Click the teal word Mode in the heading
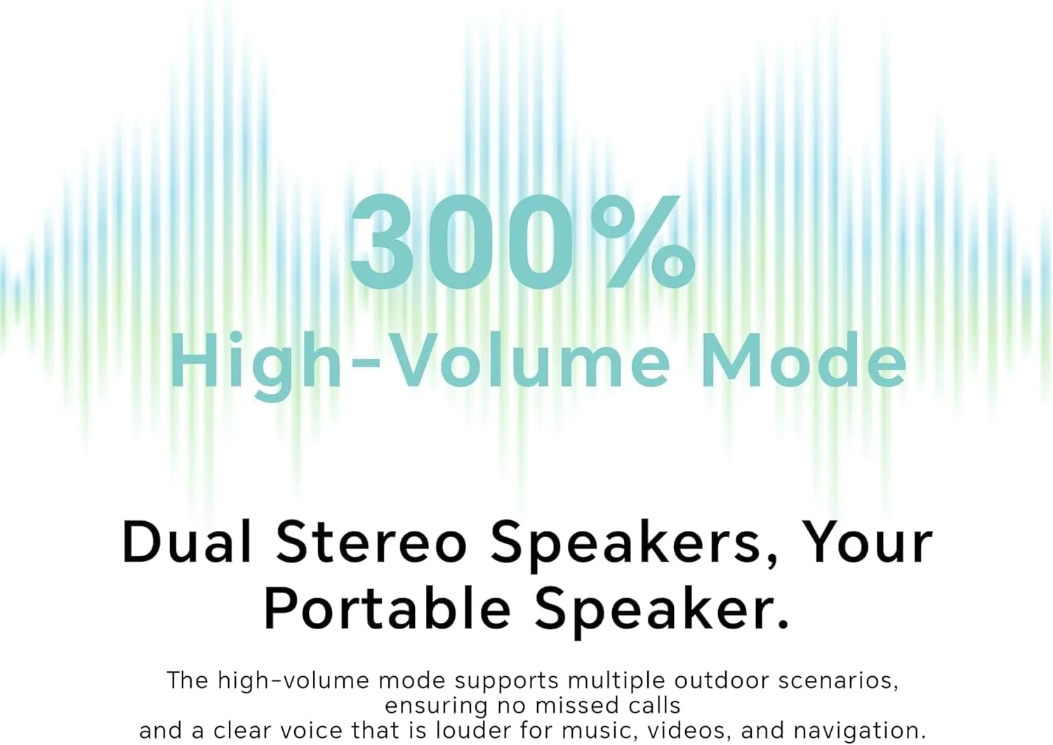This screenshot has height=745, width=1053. pos(804,361)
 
